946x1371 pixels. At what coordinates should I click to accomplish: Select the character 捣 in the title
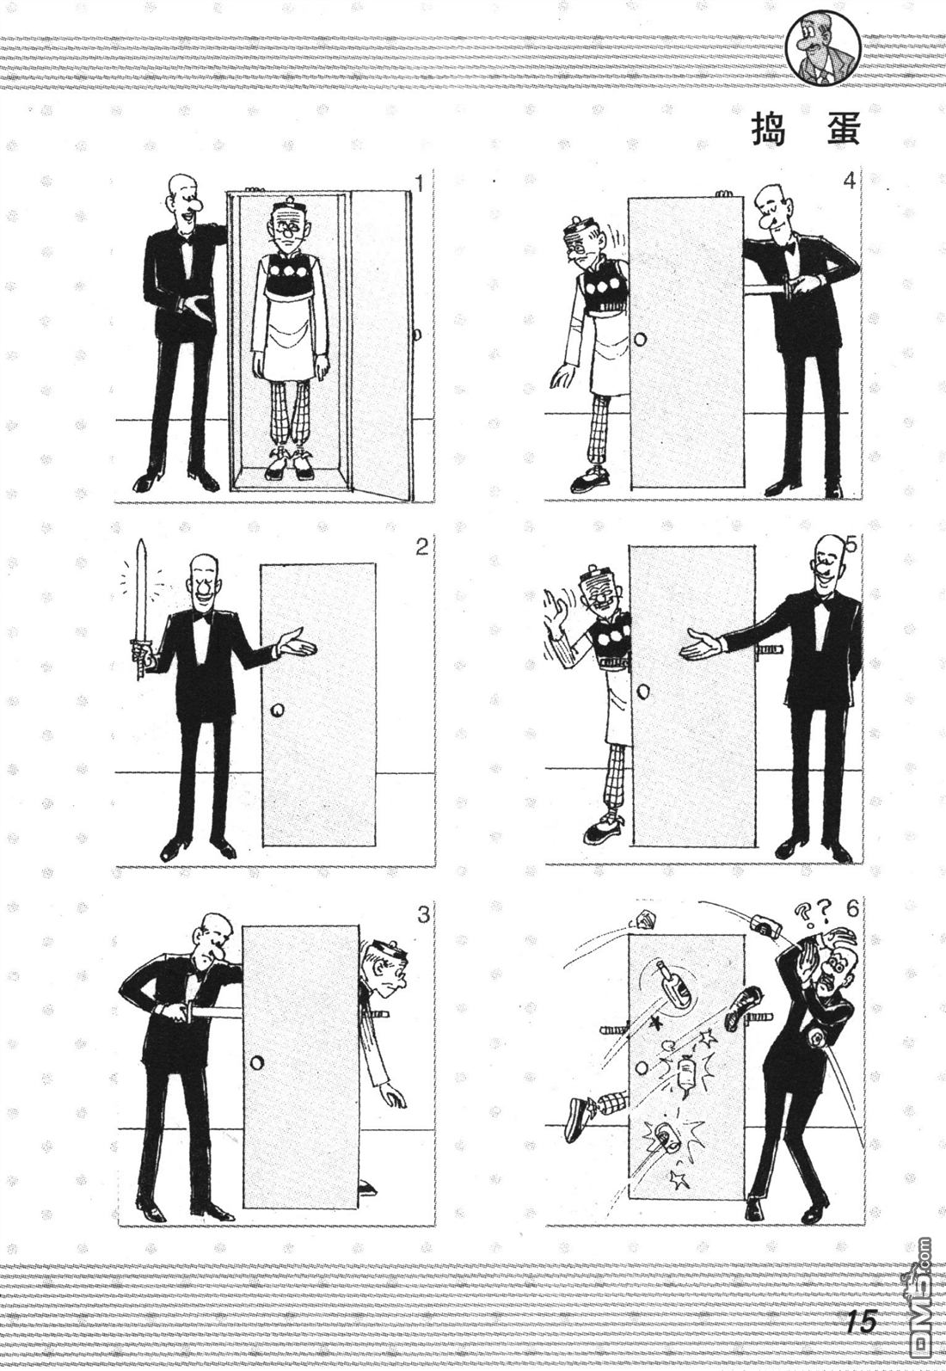(769, 131)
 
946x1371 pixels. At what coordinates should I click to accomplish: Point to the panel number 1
(420, 183)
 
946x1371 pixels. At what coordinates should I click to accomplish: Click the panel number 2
(421, 546)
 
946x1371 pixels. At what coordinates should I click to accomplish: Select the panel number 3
(423, 916)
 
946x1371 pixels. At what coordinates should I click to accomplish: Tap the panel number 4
(849, 181)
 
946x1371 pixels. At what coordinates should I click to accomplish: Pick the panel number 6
(852, 909)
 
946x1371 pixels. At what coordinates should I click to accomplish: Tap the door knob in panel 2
(277, 710)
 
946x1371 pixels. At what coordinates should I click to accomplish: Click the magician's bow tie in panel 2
(200, 618)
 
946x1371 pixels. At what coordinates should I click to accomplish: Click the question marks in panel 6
(813, 915)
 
